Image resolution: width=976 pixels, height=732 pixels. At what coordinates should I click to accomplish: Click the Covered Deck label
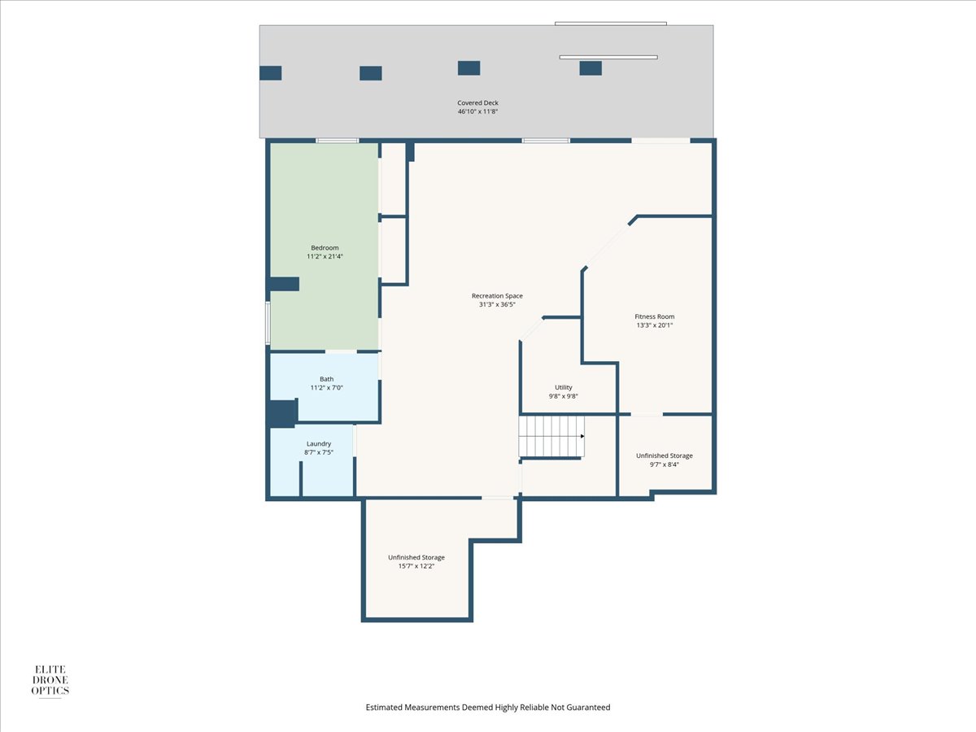[477, 102]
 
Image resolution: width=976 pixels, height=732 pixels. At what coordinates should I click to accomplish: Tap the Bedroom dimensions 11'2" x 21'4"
[325, 256]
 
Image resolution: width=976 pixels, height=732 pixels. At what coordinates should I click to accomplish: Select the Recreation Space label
[497, 295]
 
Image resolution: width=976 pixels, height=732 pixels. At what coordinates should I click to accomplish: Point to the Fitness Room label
[654, 316]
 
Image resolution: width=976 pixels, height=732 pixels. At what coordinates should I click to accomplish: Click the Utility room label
[564, 388]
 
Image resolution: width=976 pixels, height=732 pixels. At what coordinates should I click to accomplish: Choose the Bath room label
[326, 379]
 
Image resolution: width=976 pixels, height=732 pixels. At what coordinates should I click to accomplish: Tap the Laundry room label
[319, 443]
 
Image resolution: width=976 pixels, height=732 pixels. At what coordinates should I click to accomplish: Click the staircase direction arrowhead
[582, 436]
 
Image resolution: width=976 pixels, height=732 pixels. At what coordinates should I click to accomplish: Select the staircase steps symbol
[551, 437]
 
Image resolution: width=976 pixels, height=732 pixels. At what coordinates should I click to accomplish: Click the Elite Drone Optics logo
[50, 681]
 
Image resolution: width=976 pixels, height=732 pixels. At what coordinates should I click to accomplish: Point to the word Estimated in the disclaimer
[384, 707]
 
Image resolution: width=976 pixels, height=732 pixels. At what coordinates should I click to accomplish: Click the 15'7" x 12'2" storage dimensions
[416, 566]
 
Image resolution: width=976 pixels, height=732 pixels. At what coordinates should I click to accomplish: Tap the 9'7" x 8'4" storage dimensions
[664, 464]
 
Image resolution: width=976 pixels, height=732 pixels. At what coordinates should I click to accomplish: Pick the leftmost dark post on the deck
[270, 73]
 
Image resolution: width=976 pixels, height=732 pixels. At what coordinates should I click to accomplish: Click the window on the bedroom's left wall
[268, 323]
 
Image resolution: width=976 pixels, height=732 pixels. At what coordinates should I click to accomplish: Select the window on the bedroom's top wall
[338, 141]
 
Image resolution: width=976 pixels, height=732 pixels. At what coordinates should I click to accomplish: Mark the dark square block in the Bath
[282, 413]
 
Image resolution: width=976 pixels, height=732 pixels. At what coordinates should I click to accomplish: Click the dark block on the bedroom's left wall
[283, 284]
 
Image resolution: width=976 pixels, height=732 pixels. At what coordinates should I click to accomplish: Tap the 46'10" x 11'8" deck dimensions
[477, 111]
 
